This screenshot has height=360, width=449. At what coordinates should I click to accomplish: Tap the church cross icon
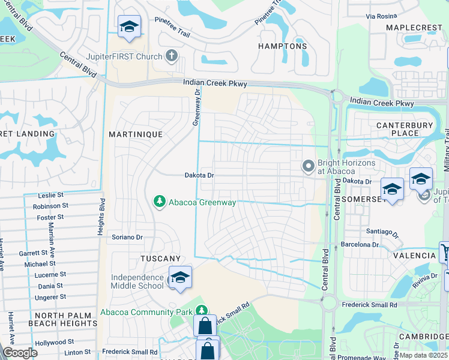tap(172, 57)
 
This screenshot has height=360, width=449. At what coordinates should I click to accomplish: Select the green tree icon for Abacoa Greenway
tap(159, 202)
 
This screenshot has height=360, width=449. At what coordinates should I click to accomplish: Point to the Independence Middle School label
tap(137, 281)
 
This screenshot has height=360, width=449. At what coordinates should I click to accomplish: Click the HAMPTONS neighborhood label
tap(282, 46)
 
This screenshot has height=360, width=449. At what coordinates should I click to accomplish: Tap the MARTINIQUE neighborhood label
tap(135, 134)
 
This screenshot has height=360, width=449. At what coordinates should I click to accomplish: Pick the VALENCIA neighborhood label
tap(414, 256)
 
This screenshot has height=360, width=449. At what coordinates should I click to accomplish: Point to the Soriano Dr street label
tap(127, 237)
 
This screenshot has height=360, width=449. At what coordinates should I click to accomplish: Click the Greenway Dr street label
tap(196, 108)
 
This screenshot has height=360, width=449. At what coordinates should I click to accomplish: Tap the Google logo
tap(20, 353)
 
